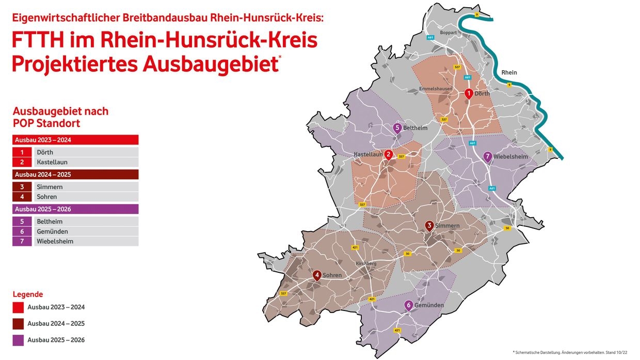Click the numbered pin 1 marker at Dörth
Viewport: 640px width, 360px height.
pyautogui.click(x=469, y=93)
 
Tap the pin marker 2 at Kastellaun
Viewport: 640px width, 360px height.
pyautogui.click(x=389, y=154)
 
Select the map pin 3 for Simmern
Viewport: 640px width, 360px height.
pyautogui.click(x=429, y=225)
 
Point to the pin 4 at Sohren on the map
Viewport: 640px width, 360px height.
pyautogui.click(x=316, y=275)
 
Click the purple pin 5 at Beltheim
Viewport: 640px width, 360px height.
pyautogui.click(x=397, y=127)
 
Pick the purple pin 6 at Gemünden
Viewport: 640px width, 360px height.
pyautogui.click(x=408, y=305)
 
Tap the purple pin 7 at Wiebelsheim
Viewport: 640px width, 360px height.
pyautogui.click(x=488, y=156)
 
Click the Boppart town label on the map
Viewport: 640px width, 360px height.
pyautogui.click(x=449, y=32)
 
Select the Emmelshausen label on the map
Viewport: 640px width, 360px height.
pyautogui.click(x=436, y=89)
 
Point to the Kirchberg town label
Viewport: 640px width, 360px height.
pyautogui.click(x=366, y=264)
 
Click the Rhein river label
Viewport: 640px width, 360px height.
pyautogui.click(x=508, y=73)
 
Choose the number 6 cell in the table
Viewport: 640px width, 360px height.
pyautogui.click(x=22, y=232)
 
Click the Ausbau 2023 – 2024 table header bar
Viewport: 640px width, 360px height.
pyautogui.click(x=75, y=140)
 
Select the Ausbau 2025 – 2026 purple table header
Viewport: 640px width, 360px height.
pyautogui.click(x=75, y=209)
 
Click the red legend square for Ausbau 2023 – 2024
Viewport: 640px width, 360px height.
pyautogui.click(x=19, y=307)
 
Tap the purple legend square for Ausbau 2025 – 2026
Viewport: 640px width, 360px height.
pyautogui.click(x=19, y=340)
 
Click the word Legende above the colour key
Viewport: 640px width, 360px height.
pyautogui.click(x=28, y=294)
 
